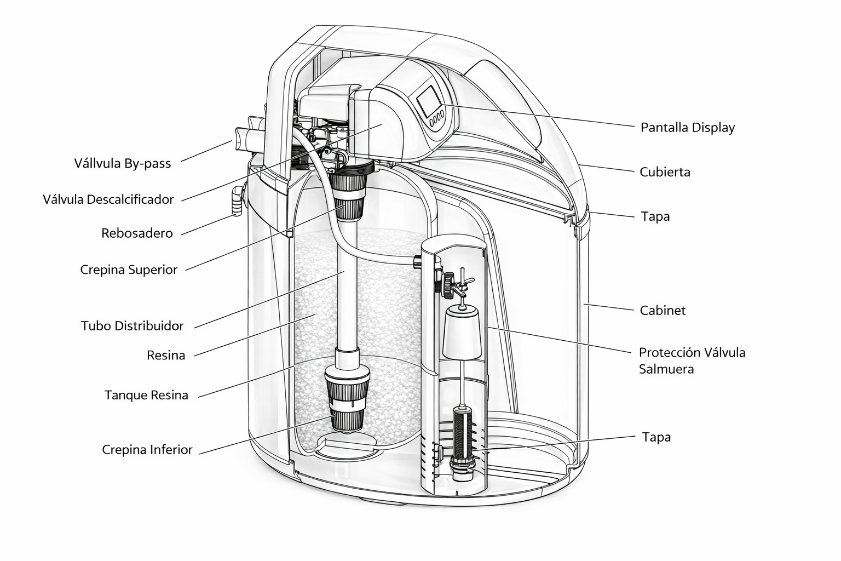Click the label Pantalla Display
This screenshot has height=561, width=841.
(687, 128)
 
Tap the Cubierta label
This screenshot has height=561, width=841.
(665, 172)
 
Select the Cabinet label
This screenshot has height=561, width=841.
(663, 311)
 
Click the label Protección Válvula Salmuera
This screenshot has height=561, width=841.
(692, 360)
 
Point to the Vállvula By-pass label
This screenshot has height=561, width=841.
(123, 163)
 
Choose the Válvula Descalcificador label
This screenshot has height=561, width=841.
(108, 199)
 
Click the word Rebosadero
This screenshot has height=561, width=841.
(137, 233)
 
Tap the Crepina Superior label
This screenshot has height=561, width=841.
(129, 270)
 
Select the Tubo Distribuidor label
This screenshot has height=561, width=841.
(132, 326)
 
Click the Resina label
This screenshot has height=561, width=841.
(166, 356)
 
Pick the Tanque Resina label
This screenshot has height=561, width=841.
(146, 395)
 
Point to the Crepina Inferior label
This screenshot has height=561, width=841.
(147, 450)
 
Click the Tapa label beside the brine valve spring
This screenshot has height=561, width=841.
(656, 437)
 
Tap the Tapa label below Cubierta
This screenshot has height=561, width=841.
(655, 216)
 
